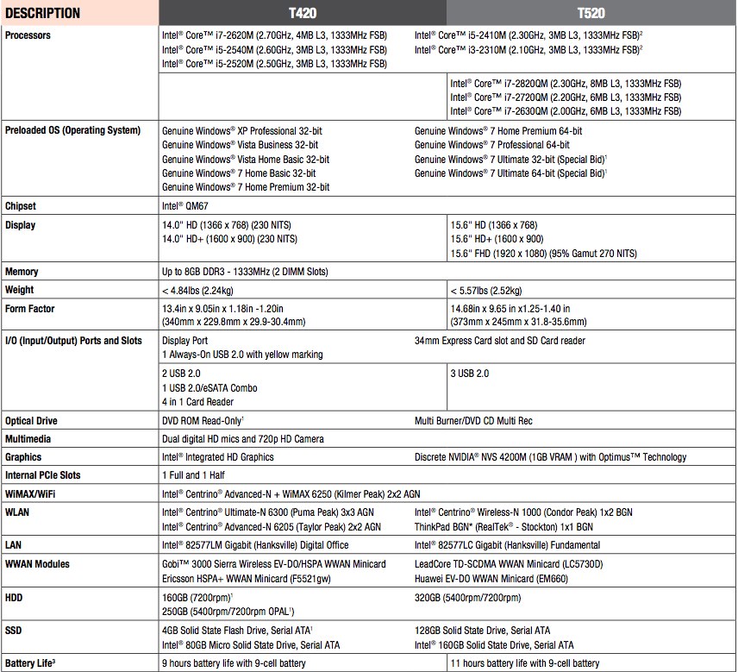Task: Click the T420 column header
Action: tap(301, 13)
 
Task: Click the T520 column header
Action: tap(591, 13)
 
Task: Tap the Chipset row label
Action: tap(21, 206)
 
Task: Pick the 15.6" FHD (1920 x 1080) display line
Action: tap(542, 253)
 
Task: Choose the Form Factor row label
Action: tap(30, 309)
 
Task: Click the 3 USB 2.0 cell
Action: tap(470, 374)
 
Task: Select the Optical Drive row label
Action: tap(32, 421)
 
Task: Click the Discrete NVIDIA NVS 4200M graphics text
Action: tap(551, 457)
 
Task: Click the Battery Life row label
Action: tap(31, 663)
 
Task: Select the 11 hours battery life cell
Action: tap(524, 663)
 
